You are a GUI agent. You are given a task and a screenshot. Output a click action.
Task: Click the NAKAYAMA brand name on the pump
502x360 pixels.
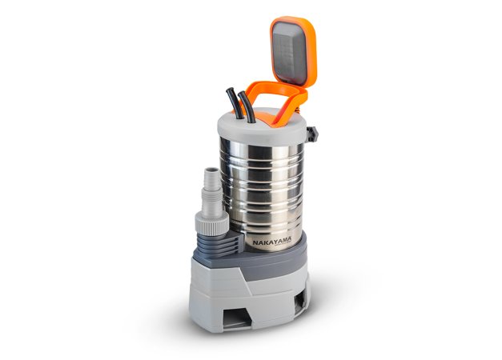(271, 242)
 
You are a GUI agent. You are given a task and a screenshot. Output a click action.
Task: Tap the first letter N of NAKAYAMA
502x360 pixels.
(255, 243)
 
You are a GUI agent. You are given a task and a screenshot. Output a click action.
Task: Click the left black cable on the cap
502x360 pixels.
(235, 103)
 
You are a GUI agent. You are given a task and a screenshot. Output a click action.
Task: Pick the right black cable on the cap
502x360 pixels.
(248, 107)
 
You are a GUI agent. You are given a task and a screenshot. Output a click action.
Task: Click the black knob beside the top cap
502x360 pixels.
(312, 134)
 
